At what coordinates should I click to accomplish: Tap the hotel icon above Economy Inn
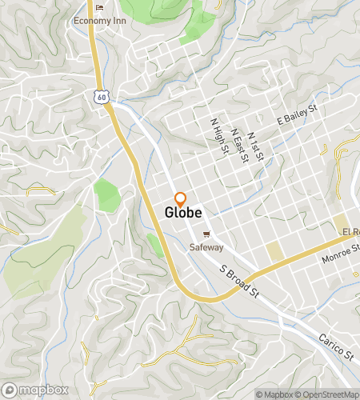[99, 8]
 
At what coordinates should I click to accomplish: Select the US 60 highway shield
[99, 96]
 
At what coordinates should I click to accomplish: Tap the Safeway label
[206, 247]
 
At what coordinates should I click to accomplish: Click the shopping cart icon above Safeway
[206, 234]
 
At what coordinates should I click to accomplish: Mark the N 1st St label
[256, 146]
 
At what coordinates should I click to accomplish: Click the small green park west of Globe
[106, 195]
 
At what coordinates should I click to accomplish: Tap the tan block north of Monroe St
[275, 252]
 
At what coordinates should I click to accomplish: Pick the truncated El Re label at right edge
[350, 231]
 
